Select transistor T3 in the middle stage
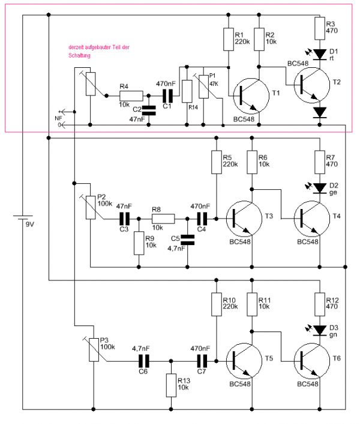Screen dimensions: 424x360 (243, 219)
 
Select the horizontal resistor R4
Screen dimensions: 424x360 (131, 95)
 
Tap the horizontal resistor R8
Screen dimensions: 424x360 (163, 219)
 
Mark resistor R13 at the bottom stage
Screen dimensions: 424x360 (172, 384)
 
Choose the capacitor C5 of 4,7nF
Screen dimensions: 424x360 (187, 240)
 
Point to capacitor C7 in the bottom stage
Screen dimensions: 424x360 (203, 362)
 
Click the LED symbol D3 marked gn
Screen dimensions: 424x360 (319, 330)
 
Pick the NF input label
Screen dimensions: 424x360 (58, 118)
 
